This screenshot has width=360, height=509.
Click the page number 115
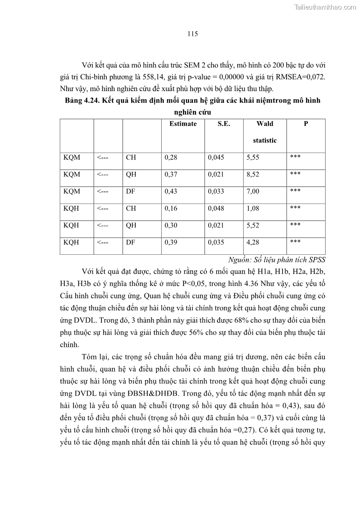[192, 34]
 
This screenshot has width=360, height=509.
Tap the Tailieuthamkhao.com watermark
[325, 7]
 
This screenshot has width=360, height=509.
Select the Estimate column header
[183, 124]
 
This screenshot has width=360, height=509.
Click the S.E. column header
[223, 124]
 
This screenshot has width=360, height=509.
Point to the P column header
[306, 124]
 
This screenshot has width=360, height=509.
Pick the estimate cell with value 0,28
[171, 157]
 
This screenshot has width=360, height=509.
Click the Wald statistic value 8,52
[253, 175]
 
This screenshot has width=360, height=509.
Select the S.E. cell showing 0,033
[216, 191]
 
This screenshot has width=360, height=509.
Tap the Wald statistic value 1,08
[253, 208]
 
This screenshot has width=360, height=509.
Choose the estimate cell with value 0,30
[171, 225]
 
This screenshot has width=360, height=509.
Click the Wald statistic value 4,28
[253, 242]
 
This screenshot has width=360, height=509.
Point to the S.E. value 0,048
[216, 208]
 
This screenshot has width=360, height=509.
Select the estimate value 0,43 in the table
[171, 191]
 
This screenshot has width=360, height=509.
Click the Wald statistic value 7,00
[253, 191]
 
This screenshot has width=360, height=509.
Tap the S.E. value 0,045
[216, 157]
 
